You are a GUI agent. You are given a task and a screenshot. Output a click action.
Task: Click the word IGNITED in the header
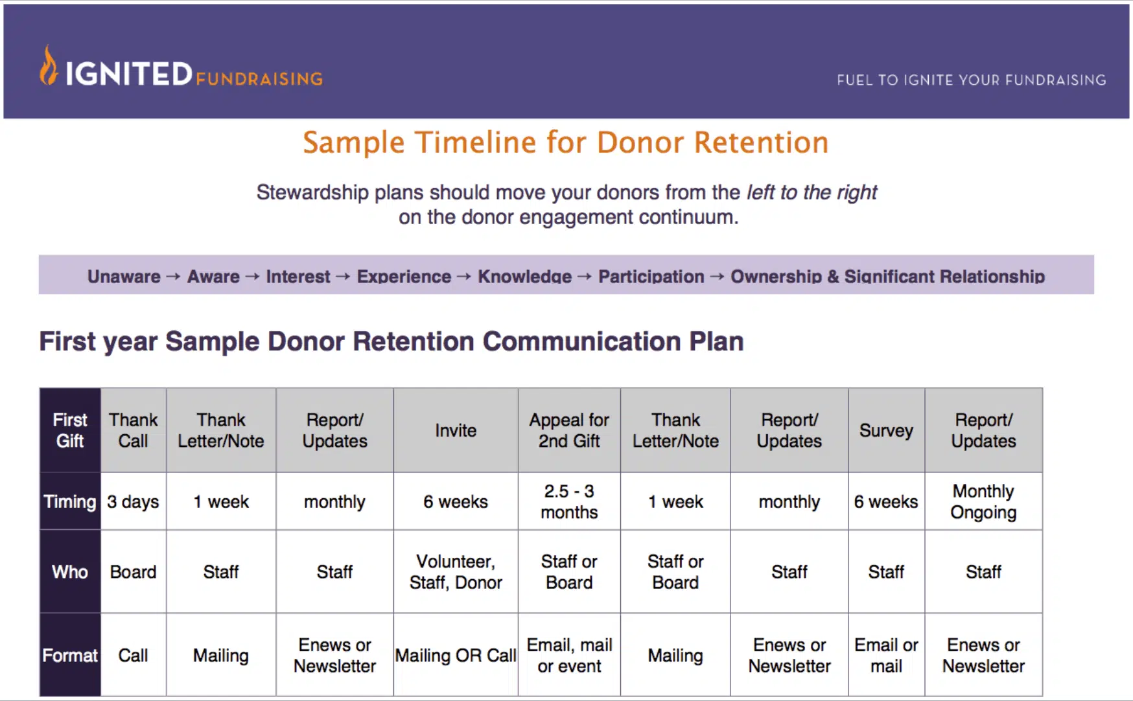point(128,74)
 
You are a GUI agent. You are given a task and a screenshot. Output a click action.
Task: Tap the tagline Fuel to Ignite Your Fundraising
point(971,80)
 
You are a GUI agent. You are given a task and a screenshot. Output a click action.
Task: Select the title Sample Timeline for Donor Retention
point(566,143)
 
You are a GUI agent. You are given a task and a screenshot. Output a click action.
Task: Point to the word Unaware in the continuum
point(124,277)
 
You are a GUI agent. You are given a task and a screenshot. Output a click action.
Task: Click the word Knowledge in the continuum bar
point(525,277)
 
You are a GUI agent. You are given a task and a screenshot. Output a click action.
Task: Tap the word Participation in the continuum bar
point(651,277)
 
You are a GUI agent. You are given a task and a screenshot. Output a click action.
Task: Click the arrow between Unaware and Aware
point(173,277)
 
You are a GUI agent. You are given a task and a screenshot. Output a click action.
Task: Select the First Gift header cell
point(70,430)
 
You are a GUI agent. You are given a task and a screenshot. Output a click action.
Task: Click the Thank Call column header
point(134,430)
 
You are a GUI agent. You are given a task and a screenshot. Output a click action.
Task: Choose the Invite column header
point(456,430)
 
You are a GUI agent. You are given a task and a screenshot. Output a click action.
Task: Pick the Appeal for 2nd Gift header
point(569,430)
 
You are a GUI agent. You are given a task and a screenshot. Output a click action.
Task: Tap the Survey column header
point(886,430)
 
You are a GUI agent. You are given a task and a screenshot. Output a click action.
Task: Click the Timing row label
point(70,501)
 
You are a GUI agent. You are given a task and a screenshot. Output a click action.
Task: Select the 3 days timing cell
point(134,501)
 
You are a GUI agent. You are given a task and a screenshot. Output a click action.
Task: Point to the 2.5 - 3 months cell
point(569,501)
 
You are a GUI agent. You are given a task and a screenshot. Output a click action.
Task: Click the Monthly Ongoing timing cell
point(983,501)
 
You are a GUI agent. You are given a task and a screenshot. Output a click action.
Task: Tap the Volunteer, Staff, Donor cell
point(456,571)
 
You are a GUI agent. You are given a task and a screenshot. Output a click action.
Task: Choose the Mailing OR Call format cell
point(456,655)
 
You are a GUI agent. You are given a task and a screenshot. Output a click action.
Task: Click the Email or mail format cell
point(886,655)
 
